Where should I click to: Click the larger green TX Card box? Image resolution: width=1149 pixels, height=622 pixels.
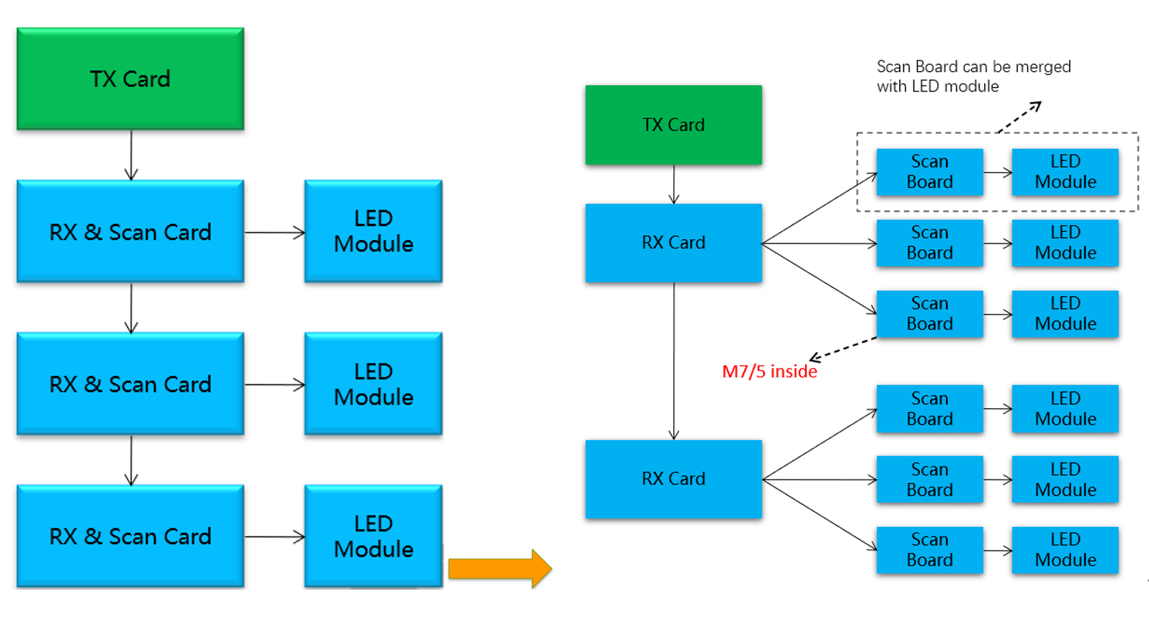click(130, 79)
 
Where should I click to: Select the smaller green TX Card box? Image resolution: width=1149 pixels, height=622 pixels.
click(673, 125)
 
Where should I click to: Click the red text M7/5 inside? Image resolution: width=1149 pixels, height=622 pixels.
click(770, 371)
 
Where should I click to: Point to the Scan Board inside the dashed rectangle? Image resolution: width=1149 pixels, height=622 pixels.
click(929, 172)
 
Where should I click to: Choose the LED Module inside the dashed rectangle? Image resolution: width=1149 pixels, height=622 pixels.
click(1065, 172)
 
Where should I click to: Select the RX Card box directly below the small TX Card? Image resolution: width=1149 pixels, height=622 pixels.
click(673, 243)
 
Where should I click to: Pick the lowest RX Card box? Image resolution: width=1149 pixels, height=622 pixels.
click(673, 479)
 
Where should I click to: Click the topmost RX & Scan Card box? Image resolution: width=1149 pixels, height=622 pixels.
click(130, 232)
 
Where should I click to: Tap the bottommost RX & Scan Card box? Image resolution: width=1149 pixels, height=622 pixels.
click(130, 536)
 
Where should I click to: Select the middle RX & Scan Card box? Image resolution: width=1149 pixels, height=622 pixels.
click(130, 384)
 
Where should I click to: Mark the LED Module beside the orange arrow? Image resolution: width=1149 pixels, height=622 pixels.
click(373, 536)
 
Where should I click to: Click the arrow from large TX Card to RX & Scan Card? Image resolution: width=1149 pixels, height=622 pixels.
click(131, 155)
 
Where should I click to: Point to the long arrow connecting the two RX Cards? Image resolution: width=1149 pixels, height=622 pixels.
click(674, 360)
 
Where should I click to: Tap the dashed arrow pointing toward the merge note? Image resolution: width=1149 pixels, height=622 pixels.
click(1019, 117)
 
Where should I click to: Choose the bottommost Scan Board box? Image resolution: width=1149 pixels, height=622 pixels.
click(929, 550)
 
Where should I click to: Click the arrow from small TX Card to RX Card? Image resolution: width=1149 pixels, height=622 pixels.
click(674, 184)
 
